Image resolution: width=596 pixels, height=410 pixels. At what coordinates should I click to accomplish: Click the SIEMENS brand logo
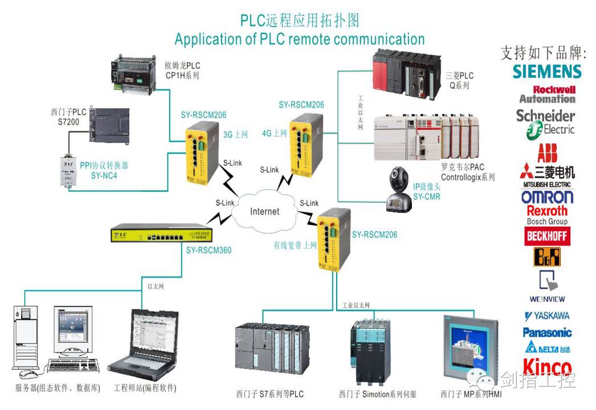(547, 71)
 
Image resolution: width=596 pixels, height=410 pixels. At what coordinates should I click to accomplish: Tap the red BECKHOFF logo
(547, 236)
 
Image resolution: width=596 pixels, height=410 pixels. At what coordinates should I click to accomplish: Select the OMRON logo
(547, 197)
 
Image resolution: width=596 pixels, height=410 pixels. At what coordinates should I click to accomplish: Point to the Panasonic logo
(547, 333)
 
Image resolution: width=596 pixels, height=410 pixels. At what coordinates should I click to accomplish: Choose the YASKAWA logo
(547, 315)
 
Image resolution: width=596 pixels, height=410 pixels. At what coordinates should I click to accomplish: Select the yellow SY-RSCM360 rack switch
(163, 234)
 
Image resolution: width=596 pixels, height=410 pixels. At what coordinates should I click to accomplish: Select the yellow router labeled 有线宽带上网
(333, 238)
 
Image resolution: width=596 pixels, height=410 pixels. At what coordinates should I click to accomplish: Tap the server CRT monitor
(73, 330)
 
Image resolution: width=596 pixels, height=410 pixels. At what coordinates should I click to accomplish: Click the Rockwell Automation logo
(547, 94)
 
